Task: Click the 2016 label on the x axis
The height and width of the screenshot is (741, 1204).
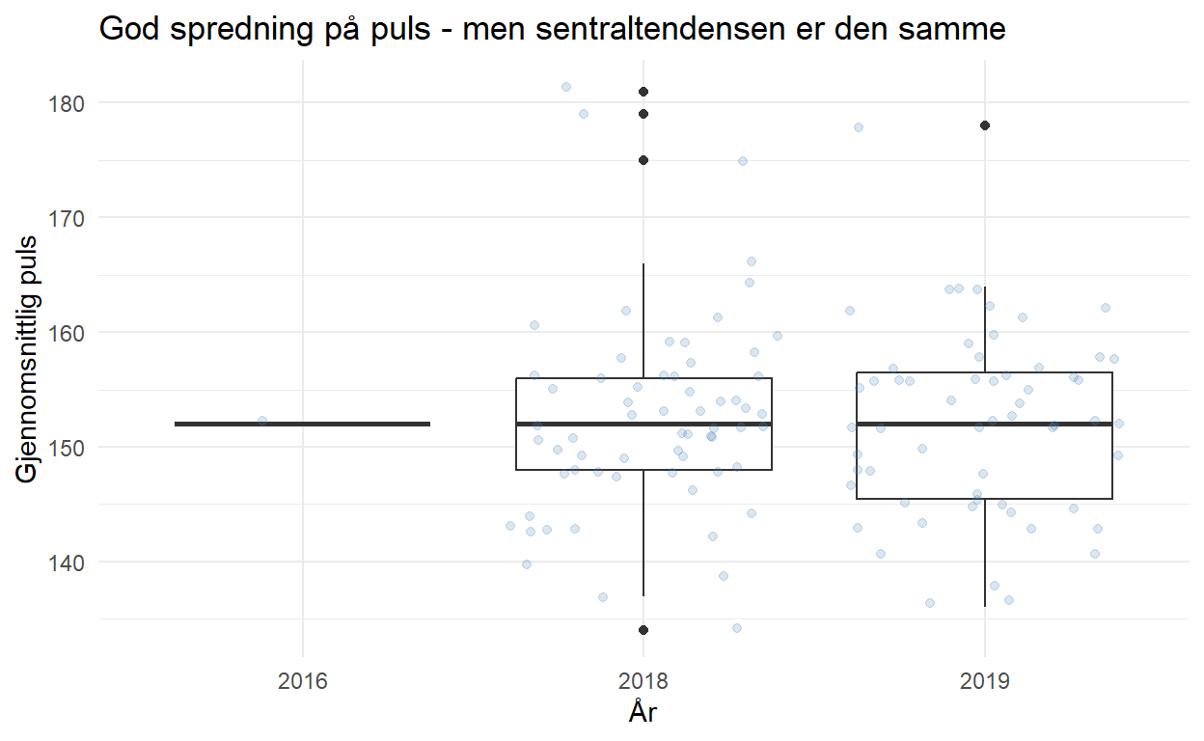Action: (303, 683)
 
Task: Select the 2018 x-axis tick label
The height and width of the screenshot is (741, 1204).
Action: (643, 683)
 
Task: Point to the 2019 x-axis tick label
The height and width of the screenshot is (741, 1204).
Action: (984, 683)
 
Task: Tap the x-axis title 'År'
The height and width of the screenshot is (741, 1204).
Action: (643, 714)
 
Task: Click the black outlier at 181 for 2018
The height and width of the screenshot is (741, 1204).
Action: (643, 92)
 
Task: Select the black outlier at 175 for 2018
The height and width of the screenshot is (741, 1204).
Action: (643, 160)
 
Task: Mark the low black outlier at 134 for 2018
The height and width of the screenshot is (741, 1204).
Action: (643, 630)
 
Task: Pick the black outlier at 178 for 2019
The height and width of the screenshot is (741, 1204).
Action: (985, 125)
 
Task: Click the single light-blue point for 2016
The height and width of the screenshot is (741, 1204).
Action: (262, 421)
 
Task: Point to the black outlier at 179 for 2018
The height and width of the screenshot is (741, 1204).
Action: (643, 114)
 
